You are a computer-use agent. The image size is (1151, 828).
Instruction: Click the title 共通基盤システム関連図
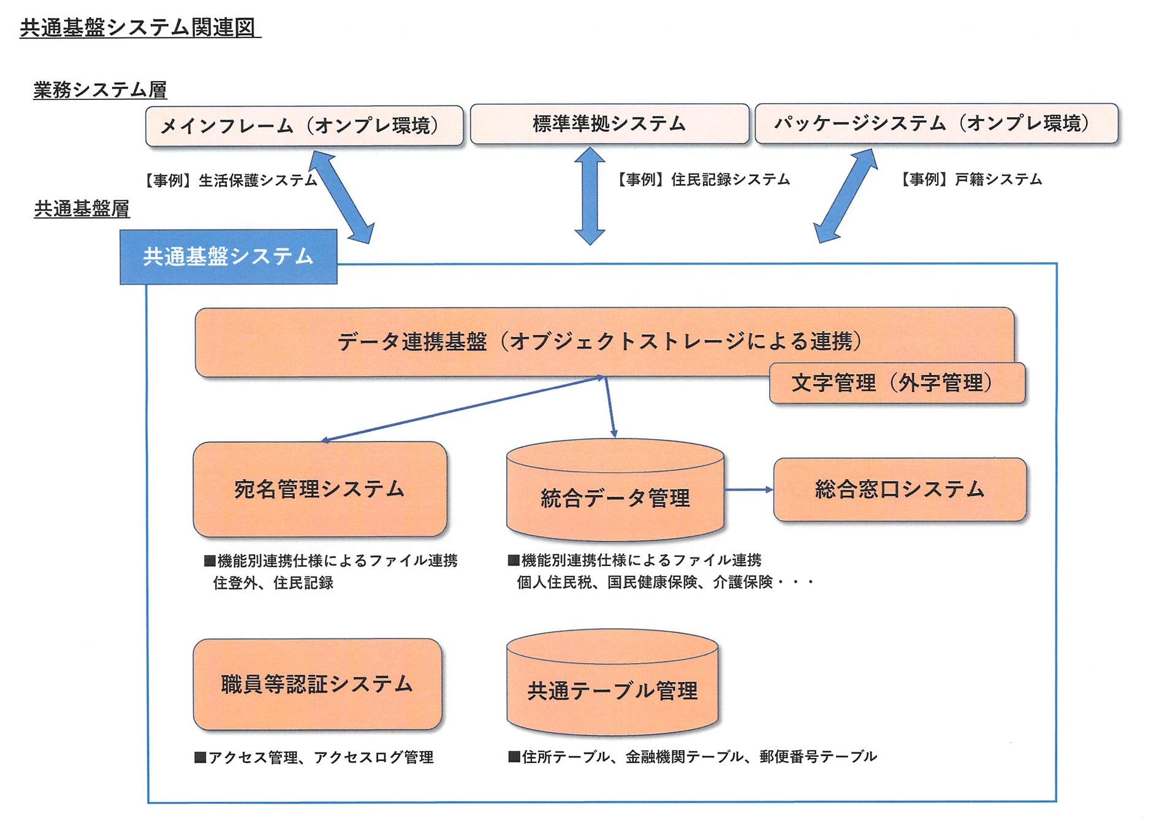point(140,28)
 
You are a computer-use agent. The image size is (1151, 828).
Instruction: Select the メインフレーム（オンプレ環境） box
point(304,126)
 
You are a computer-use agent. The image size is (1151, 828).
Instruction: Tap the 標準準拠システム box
point(609,124)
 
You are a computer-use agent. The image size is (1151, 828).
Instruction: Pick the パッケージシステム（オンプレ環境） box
point(936,123)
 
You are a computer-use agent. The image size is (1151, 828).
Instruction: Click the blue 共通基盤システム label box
point(228,256)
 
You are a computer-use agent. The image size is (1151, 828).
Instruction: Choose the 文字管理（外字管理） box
point(896,383)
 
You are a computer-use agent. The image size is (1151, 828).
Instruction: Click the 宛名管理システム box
point(319,489)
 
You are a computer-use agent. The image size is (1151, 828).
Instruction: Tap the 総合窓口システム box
point(899,489)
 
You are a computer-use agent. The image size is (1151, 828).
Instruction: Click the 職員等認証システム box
point(317,684)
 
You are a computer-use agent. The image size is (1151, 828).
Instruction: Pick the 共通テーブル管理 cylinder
point(612,689)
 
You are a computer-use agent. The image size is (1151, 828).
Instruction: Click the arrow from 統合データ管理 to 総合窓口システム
point(748,489)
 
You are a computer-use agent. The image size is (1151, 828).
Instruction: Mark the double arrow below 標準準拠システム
point(590,195)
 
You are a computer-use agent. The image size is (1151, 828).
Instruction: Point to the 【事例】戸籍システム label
point(971,179)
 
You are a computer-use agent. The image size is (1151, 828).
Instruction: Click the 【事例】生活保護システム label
point(230,180)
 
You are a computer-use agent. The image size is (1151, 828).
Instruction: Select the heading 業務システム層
point(100,90)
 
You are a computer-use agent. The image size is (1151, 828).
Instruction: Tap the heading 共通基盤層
point(82,209)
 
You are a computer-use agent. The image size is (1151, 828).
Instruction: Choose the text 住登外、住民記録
point(273,583)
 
